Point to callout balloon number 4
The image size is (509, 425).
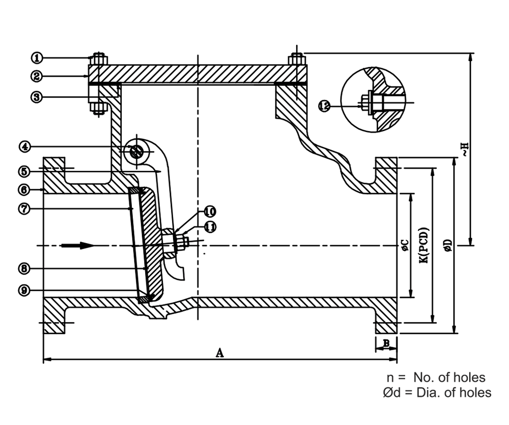[25, 147]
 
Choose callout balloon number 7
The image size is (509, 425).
[25, 208]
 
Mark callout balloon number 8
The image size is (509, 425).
[25, 268]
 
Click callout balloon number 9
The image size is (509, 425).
[25, 290]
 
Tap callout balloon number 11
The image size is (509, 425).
[209, 227]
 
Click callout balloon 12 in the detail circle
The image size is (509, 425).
[324, 106]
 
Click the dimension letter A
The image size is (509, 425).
[220, 353]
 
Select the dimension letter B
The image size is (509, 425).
[386, 344]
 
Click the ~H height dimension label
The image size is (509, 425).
[464, 149]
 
